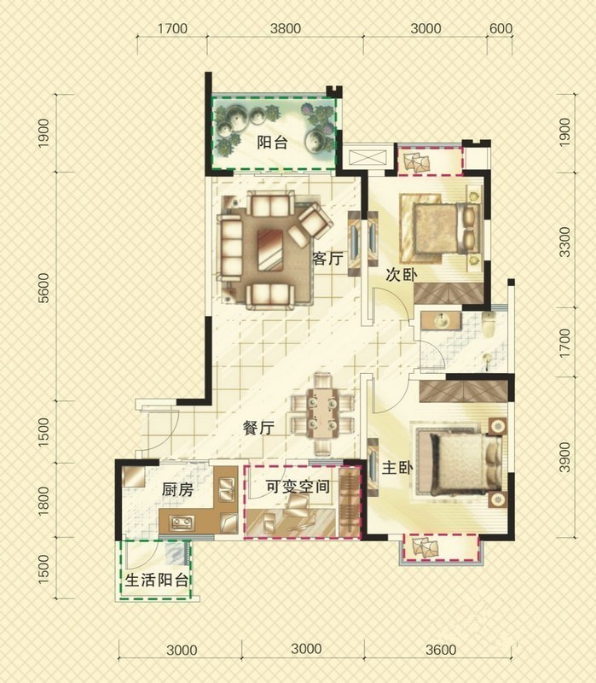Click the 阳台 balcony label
(272, 142)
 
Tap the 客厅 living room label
(327, 259)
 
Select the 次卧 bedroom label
(402, 275)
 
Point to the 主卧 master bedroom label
(397, 468)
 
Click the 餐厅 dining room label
(259, 428)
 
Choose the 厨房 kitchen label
(177, 489)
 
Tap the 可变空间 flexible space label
(298, 486)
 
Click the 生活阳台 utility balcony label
(157, 580)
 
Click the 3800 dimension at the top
(286, 28)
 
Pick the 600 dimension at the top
(501, 28)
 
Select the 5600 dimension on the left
(44, 288)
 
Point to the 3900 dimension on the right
(564, 457)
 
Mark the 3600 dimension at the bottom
(441, 650)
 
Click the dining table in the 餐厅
(322, 413)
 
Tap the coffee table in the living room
(270, 250)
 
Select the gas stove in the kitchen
(182, 522)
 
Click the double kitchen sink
(227, 489)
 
